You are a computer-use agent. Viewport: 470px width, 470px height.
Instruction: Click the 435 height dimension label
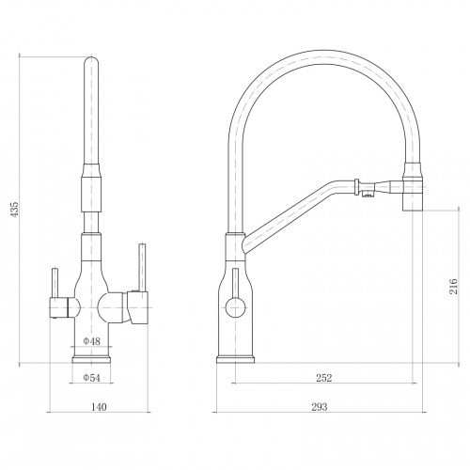click(15, 210)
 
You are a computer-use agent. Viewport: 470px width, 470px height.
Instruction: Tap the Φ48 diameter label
click(91, 341)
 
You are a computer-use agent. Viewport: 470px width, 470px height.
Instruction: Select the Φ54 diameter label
click(91, 378)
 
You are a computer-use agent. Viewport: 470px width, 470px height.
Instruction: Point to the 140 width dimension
click(99, 407)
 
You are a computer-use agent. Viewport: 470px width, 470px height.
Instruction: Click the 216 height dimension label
click(453, 286)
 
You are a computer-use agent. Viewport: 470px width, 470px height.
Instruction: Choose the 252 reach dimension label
click(323, 378)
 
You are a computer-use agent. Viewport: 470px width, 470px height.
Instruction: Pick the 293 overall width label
click(320, 407)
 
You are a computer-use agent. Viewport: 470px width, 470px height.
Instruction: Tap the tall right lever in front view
click(142, 268)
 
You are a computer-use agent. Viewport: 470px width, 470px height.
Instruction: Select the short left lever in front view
click(55, 283)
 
